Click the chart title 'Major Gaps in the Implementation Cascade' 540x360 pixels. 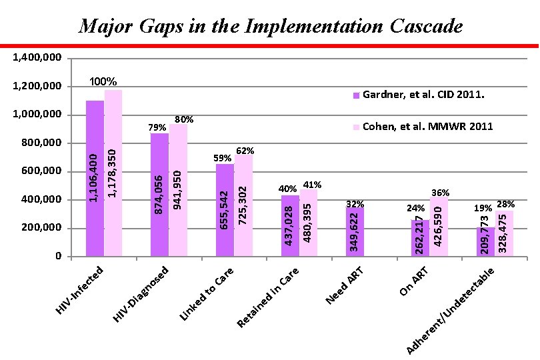click(x=270, y=27)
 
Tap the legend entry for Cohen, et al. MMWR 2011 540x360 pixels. click(x=423, y=127)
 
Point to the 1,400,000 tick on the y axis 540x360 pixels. click(x=38, y=58)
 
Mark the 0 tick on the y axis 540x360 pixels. click(x=59, y=257)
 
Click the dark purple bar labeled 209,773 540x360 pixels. click(x=485, y=241)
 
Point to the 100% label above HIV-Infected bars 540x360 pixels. click(x=103, y=82)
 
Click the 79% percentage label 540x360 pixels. click(x=157, y=127)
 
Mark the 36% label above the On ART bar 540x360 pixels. click(x=441, y=193)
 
